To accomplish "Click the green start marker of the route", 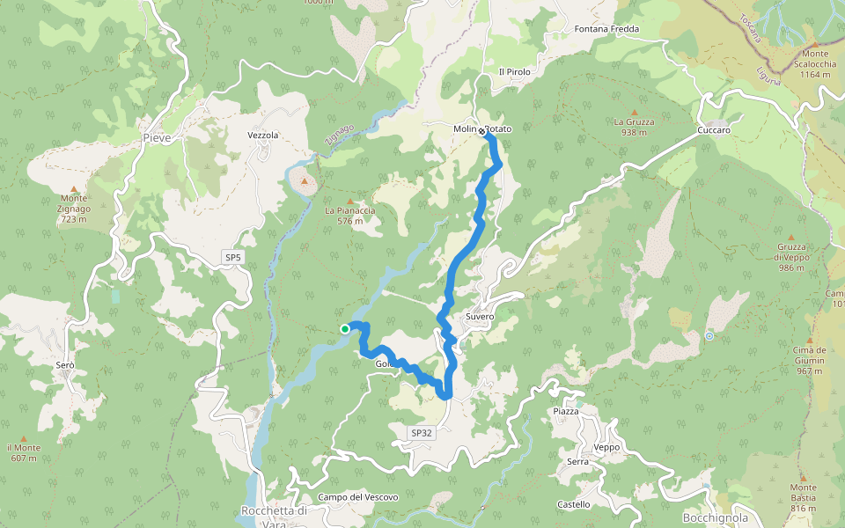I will (345, 329).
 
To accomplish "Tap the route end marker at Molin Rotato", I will (483, 131).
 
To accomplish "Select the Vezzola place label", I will (262, 136).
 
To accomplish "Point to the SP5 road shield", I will (232, 257).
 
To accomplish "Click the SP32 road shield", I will (422, 433).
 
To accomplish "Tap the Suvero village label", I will (480, 316).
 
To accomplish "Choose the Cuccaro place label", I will (713, 130).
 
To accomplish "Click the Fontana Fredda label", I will (606, 29).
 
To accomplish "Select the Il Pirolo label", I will (513, 71).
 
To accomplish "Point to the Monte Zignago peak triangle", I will (74, 188).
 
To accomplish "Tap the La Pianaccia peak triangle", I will (349, 201).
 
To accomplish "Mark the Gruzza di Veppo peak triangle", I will (790, 238).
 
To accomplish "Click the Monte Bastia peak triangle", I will (803, 476).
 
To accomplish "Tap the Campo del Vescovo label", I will (358, 497).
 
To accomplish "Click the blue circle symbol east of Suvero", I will (709, 335).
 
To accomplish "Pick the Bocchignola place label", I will (715, 518).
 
